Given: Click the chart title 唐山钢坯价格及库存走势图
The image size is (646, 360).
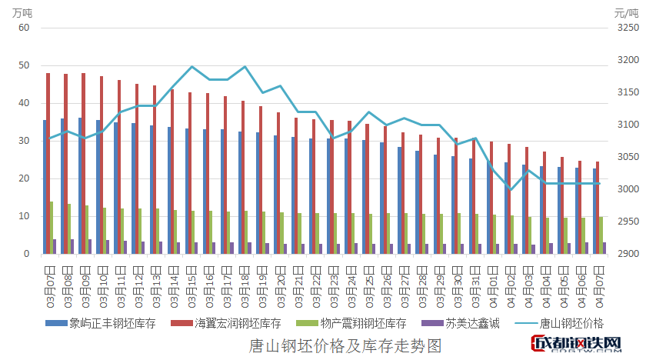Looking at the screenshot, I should [x=345, y=345].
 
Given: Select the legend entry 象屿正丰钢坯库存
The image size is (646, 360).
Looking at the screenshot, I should [x=112, y=323].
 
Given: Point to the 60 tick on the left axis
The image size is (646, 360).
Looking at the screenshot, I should [x=23, y=28].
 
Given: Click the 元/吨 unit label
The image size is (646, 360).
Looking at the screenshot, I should [x=627, y=12].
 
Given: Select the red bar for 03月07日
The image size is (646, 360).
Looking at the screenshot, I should [x=48, y=163].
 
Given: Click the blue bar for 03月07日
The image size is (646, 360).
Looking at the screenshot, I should [x=45, y=187].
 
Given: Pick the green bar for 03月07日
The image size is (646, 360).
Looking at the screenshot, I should [x=52, y=228].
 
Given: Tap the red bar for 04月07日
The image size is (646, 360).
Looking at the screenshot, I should [x=598, y=208].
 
